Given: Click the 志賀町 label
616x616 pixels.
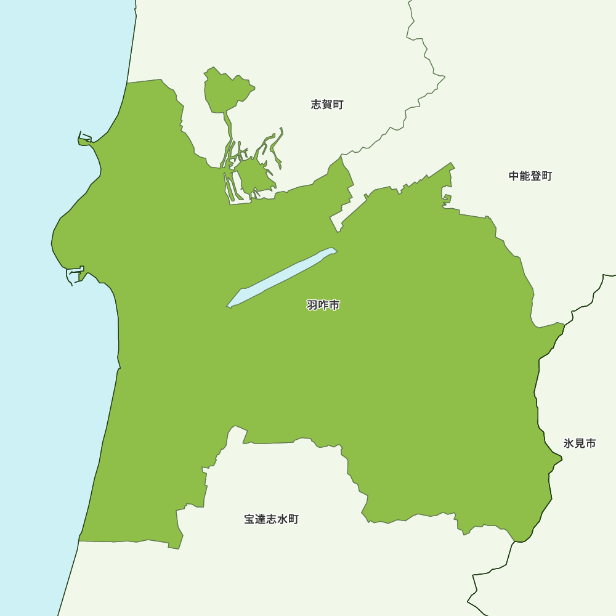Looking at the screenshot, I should pyautogui.click(x=327, y=105).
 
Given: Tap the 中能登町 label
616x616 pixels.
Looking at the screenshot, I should pyautogui.click(x=530, y=176).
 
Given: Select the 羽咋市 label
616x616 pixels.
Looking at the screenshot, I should pyautogui.click(x=323, y=305).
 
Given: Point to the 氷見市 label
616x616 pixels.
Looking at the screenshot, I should pyautogui.click(x=580, y=444).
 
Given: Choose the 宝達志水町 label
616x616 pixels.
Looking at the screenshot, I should pyautogui.click(x=271, y=519).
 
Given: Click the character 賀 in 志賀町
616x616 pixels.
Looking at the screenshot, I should pyautogui.click(x=327, y=105).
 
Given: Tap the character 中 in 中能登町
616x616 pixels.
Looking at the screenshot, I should pyautogui.click(x=514, y=176).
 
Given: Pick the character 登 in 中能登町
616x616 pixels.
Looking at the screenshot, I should pyautogui.click(x=536, y=176).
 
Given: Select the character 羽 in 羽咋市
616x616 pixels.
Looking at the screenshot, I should pyautogui.click(x=312, y=305).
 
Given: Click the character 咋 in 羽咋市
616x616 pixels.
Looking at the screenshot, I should pyautogui.click(x=323, y=305).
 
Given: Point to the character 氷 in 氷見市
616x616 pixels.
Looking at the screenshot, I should pyautogui.click(x=569, y=444).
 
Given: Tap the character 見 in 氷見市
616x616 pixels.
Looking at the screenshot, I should pyautogui.click(x=580, y=444).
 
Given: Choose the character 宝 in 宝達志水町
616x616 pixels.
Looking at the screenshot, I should pyautogui.click(x=249, y=519).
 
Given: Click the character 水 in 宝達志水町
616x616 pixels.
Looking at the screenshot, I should pyautogui.click(x=282, y=519).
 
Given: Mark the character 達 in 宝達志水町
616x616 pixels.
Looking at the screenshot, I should pyautogui.click(x=260, y=519).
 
